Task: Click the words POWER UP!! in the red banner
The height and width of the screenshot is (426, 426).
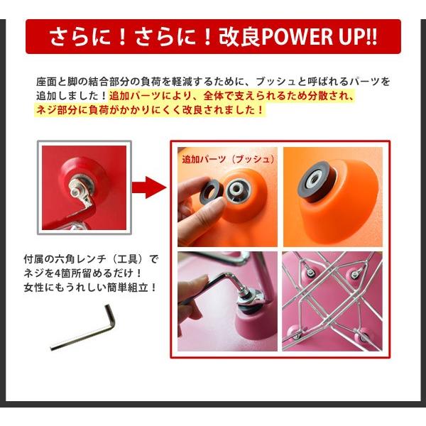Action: coord(319,36)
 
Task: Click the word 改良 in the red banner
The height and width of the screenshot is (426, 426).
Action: coord(240,36)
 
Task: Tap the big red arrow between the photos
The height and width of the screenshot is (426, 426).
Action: coord(149,187)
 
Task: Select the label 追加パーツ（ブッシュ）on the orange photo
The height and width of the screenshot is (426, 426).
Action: coord(228,159)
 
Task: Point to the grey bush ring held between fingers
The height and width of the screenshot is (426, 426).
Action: coord(211,192)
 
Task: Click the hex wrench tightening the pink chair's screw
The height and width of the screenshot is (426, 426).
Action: coord(217,283)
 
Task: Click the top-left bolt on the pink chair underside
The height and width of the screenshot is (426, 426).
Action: coord(310,272)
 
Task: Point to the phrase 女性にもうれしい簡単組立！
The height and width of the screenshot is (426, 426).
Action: coord(90,287)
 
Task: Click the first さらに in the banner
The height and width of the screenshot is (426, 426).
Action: coord(81,36)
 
